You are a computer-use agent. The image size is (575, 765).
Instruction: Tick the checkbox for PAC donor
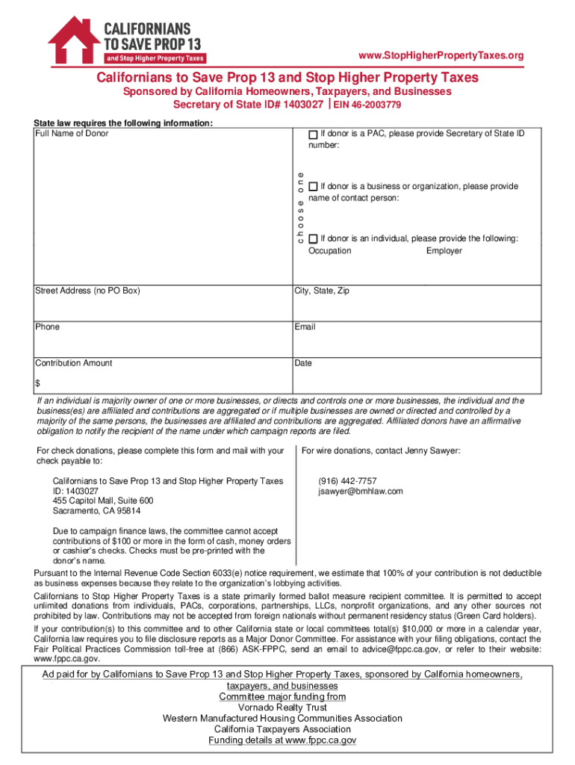pyautogui.click(x=313, y=134)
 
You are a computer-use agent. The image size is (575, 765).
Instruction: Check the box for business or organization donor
pyautogui.click(x=313, y=185)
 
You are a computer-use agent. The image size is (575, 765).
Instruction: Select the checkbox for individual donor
pyautogui.click(x=313, y=238)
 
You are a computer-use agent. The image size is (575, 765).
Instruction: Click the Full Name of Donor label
pyautogui.click(x=72, y=134)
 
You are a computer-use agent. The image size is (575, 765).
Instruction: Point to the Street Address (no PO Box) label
pyautogui.click(x=87, y=291)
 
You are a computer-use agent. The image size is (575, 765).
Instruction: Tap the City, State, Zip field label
pyautogui.click(x=322, y=291)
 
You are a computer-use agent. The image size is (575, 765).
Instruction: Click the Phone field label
pyautogui.click(x=48, y=327)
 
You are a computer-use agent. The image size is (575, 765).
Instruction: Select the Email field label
pyautogui.click(x=305, y=327)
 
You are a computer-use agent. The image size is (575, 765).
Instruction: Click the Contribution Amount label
pyautogui.click(x=74, y=363)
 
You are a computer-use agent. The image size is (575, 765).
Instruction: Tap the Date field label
pyautogui.click(x=304, y=363)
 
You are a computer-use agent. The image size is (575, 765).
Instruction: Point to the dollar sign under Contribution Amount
pyautogui.click(x=38, y=383)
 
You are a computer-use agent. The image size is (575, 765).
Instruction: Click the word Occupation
pyautogui.click(x=329, y=251)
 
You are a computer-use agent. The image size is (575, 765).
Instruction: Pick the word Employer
pyautogui.click(x=444, y=251)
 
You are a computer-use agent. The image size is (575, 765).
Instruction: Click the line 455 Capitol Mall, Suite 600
pyautogui.click(x=103, y=501)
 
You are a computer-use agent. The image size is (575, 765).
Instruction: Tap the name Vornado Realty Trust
pyautogui.click(x=282, y=707)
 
